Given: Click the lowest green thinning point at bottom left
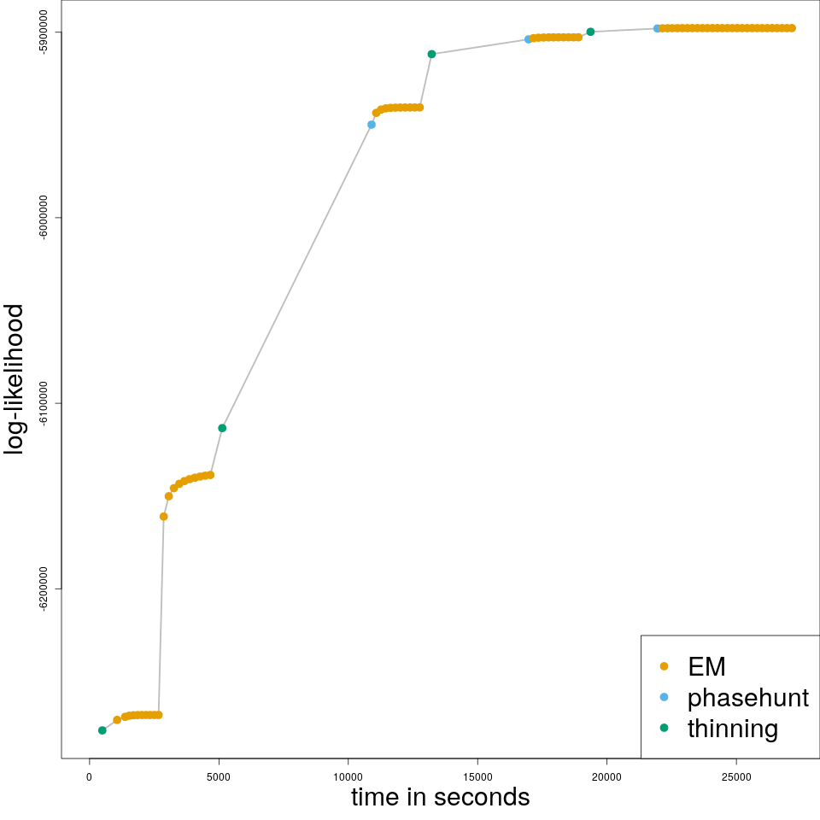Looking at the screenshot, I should (x=102, y=730).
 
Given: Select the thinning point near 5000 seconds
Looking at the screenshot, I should (x=222, y=428).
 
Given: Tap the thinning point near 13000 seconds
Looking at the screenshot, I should (x=431, y=54).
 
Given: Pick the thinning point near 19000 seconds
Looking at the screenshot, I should (x=590, y=32).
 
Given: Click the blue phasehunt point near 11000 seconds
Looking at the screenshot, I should (x=372, y=125).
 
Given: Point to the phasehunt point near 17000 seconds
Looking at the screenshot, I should (x=528, y=39).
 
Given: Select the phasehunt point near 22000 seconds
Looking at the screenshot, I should (x=657, y=28).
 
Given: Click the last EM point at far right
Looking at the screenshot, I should (x=792, y=28).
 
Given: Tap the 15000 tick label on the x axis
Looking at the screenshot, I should (x=477, y=776).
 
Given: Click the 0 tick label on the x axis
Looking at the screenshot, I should (x=89, y=776).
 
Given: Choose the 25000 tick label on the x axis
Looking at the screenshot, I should (x=735, y=776).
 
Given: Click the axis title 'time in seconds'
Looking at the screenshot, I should (x=440, y=798).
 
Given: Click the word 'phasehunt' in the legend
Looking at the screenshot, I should (x=747, y=698).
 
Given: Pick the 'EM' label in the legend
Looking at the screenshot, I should (x=706, y=666).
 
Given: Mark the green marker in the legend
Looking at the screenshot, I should (x=665, y=729).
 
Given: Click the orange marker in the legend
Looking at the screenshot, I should (x=665, y=666).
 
